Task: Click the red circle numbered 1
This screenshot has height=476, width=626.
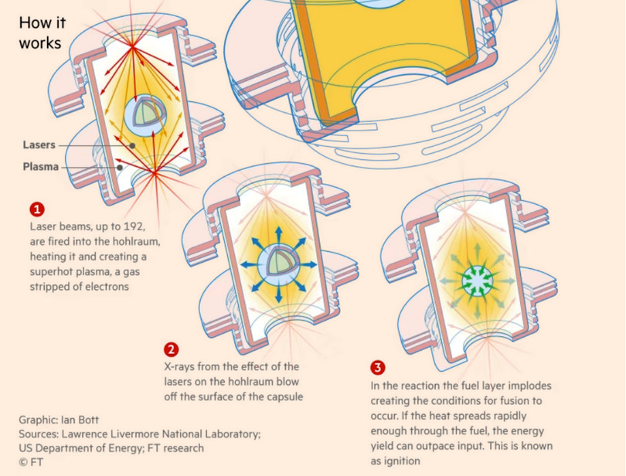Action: click(37, 209)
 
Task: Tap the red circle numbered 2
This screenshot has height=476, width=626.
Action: click(172, 350)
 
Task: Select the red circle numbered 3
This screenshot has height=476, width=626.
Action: click(378, 367)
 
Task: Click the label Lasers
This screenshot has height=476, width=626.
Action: click(39, 144)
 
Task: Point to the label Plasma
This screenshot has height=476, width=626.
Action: click(41, 166)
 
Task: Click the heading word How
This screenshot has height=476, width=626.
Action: click(33, 22)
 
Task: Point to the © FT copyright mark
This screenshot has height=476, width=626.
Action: click(31, 462)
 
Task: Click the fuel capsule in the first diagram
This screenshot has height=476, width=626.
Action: click(145, 115)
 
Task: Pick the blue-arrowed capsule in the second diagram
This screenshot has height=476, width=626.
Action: click(279, 265)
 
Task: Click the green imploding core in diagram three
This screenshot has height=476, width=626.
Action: click(478, 281)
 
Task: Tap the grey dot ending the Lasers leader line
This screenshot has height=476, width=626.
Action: click(132, 146)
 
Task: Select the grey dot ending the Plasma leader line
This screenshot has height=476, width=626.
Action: click(119, 168)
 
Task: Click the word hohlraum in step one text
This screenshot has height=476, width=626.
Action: click(136, 242)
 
